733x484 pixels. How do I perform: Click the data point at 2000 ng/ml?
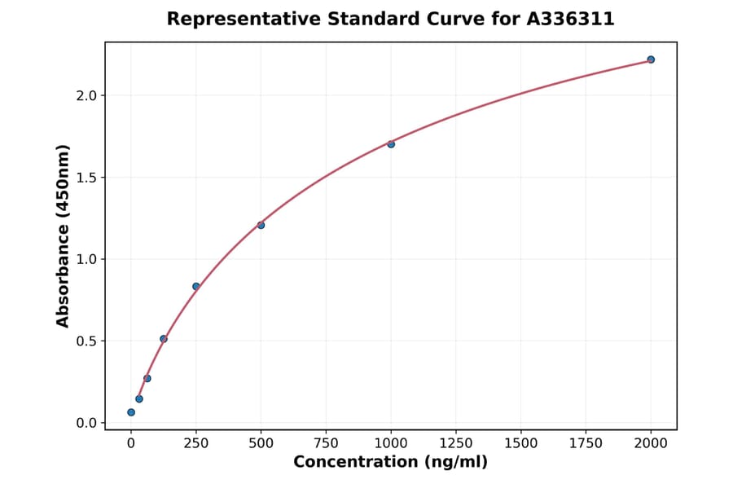651,59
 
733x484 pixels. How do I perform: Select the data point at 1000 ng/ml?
391,144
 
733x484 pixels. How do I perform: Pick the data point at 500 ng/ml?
261,225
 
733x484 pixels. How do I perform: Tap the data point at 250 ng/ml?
196,286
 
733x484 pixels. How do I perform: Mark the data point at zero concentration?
131,412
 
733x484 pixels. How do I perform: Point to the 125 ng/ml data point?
164,339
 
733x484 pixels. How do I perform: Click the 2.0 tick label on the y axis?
86,95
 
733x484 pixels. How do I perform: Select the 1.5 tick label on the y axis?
86,178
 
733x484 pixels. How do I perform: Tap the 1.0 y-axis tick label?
86,259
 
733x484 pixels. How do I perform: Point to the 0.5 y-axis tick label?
86,341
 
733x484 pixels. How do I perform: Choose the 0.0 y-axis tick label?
86,423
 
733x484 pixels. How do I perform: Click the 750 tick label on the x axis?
326,443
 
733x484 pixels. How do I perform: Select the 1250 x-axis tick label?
456,443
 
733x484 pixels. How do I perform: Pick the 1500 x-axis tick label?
521,443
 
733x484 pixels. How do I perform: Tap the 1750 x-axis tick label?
586,443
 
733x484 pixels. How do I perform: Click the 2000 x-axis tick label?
651,443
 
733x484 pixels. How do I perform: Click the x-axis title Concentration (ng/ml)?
390,463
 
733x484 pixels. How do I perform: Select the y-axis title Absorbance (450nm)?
64,235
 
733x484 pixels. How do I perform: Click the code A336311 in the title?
568,19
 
